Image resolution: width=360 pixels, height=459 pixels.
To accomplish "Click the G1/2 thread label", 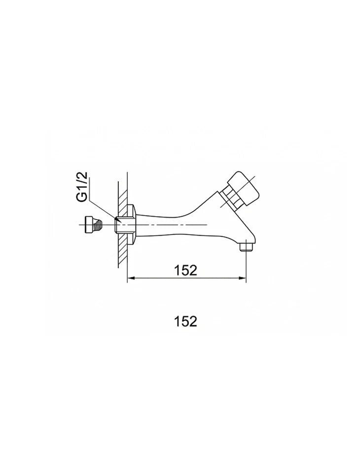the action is coord(82,187).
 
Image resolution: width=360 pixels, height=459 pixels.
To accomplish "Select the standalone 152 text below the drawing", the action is coord(186,321).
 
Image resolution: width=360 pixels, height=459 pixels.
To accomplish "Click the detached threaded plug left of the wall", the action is coord(93,225).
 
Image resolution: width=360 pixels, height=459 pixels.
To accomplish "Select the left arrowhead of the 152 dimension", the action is coord(130,278).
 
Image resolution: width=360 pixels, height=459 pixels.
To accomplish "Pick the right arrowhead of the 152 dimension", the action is coord(243,278).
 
